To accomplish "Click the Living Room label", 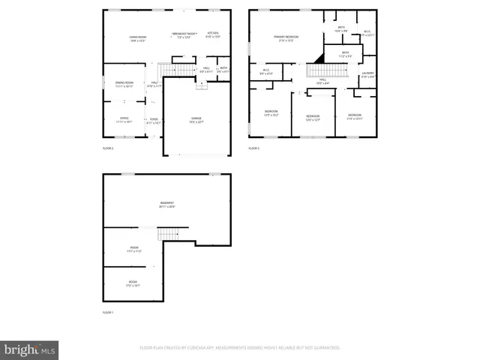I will (136, 38).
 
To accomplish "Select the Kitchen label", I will (213, 34).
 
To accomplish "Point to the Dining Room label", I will (124, 84).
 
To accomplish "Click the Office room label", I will (124, 119).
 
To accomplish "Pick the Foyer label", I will (153, 120).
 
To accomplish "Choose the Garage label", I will (196, 119).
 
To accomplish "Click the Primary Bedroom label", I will (286, 38).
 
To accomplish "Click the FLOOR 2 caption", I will (107, 148).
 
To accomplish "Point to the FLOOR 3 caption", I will (253, 148).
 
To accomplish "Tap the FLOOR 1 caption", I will (107, 312).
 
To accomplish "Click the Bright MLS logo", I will (29, 349).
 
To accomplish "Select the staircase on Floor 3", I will (328, 70).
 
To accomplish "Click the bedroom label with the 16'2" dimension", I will (271, 114).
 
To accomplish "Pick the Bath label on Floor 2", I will (223, 69).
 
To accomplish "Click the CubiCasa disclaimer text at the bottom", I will (240, 348).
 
